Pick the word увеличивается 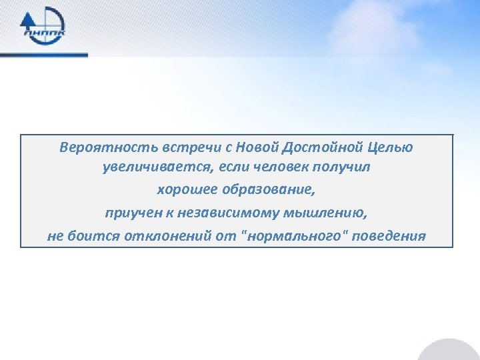point(147,167)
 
